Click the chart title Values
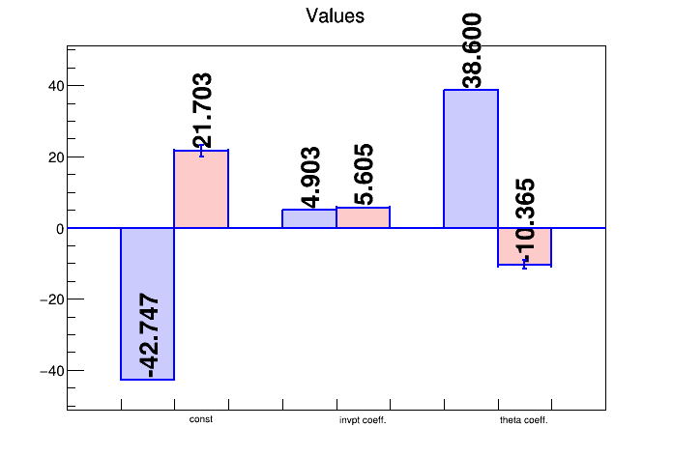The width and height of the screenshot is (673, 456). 335,15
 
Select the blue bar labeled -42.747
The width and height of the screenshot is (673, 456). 148,303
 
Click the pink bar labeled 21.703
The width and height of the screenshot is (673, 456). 201,188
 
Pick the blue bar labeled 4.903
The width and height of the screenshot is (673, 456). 309,218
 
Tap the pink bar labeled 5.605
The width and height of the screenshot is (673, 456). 364,217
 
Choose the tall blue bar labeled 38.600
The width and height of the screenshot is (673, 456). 471,158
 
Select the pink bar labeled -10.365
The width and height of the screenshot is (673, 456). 524,246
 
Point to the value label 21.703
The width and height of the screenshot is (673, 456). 202,110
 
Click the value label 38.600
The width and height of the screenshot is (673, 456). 472,50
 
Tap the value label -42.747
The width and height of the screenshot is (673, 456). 149,335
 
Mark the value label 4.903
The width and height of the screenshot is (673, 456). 309,178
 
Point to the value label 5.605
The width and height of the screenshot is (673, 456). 364,175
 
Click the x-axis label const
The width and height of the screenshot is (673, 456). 201,419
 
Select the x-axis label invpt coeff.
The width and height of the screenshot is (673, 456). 363,420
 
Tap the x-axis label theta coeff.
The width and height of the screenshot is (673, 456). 524,420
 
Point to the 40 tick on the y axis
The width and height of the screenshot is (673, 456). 56,86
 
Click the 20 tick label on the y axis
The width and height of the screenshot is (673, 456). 56,157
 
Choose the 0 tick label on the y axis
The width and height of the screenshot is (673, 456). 60,229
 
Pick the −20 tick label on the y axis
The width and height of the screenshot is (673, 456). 52,299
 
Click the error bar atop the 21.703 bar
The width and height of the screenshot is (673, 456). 201,150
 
